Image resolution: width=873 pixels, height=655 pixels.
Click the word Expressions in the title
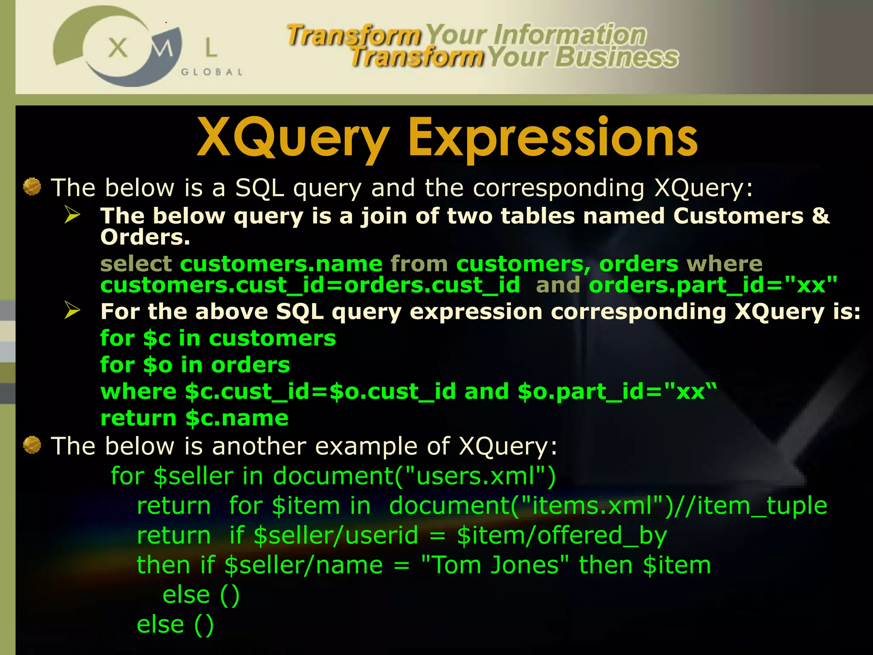[553, 138]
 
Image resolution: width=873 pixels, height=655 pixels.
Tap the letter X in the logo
[118, 47]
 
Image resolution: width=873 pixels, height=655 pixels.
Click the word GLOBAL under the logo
[212, 72]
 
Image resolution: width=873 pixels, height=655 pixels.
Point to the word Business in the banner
[617, 57]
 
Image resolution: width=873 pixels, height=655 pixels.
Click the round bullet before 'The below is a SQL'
[32, 187]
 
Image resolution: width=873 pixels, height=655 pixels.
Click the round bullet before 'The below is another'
[32, 445]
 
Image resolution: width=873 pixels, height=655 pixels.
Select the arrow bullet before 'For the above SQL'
[72, 310]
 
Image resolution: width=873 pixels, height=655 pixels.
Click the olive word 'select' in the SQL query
[136, 264]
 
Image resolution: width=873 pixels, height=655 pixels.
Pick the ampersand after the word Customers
[821, 215]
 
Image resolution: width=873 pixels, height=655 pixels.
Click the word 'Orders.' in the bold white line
[145, 237]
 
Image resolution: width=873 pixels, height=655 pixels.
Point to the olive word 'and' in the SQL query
[558, 285]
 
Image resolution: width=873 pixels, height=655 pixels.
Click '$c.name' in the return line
[237, 418]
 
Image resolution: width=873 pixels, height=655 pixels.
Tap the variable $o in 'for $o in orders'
[158, 365]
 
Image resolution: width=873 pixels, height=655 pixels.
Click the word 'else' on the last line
[160, 624]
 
